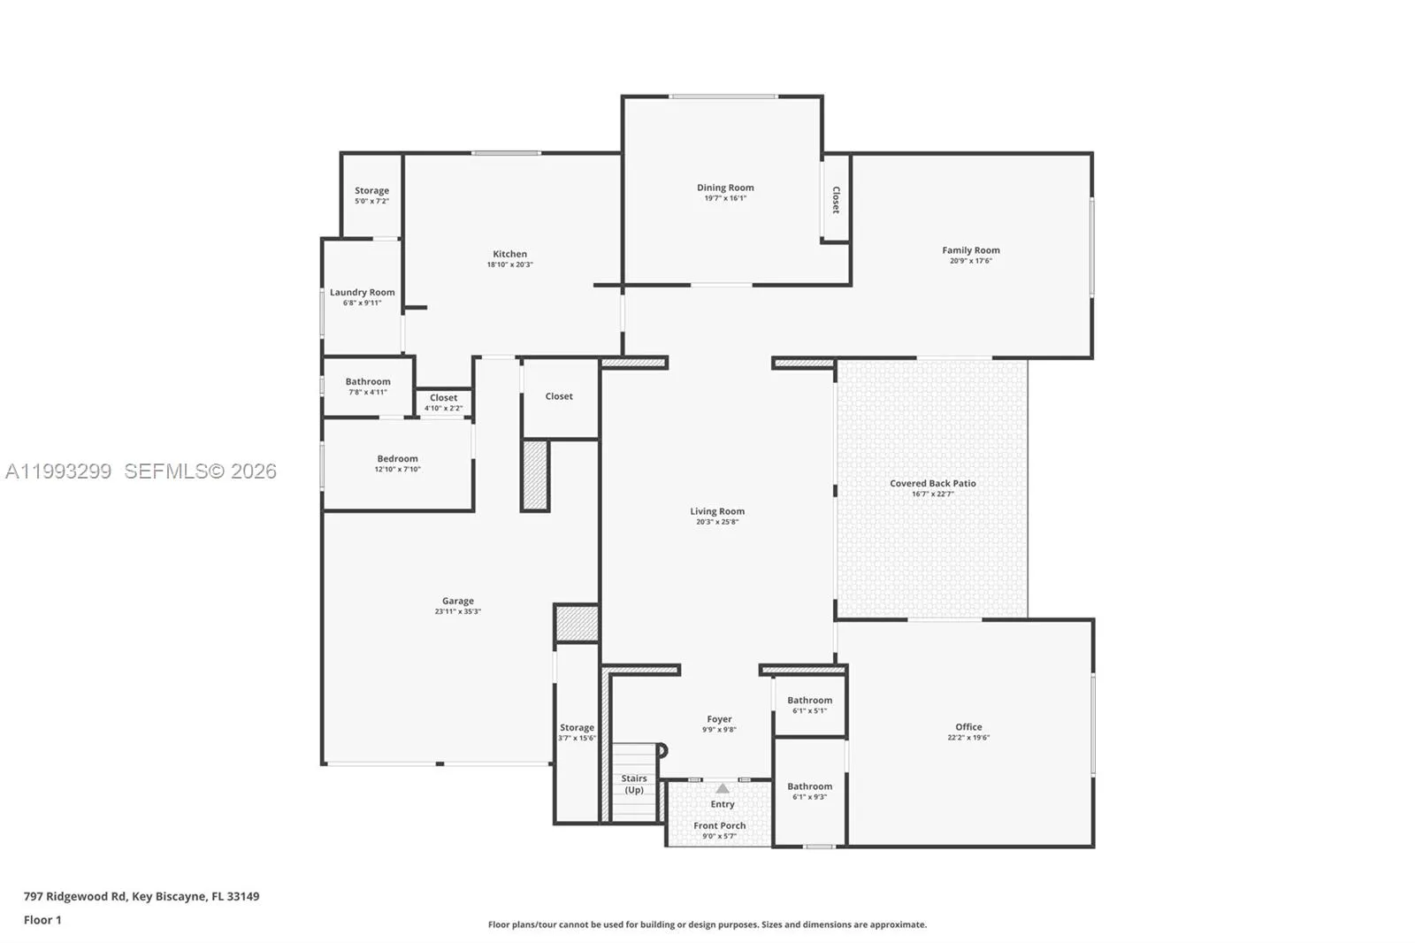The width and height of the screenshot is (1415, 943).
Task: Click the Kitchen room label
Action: click(x=509, y=254)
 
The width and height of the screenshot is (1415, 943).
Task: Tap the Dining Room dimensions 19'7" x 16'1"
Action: click(x=725, y=198)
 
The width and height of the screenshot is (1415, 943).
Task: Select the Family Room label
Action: click(x=970, y=250)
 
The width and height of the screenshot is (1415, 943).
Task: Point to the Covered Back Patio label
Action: click(x=932, y=483)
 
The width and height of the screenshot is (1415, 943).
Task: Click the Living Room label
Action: click(x=716, y=511)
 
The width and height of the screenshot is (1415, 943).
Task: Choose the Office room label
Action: click(x=968, y=727)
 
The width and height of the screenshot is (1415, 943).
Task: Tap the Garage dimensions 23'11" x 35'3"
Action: click(x=457, y=611)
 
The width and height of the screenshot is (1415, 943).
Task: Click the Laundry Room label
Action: click(x=362, y=292)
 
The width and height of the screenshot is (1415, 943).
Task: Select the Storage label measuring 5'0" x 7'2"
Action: click(x=371, y=190)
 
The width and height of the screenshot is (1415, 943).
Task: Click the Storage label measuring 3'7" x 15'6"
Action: click(x=577, y=728)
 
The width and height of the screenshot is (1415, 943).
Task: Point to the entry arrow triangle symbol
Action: click(x=723, y=788)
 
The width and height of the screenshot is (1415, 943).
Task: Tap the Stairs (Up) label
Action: click(x=634, y=784)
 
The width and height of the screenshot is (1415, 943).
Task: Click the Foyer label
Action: click(x=719, y=719)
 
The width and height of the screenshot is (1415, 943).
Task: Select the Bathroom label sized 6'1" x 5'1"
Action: click(x=809, y=700)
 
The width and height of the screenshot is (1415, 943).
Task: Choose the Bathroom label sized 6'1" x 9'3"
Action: click(x=809, y=786)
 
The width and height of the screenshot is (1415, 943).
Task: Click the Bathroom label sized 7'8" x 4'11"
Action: click(x=367, y=381)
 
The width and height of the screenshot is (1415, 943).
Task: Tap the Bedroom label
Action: click(x=397, y=458)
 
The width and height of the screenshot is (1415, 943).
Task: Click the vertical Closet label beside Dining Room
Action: click(x=836, y=199)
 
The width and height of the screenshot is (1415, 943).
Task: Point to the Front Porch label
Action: click(x=719, y=825)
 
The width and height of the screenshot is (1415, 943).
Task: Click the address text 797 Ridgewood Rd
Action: click(x=75, y=896)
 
